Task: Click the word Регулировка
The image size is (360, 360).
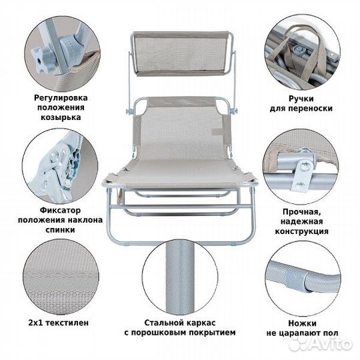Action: coord(61,98)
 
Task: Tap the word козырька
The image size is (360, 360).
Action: coord(61,117)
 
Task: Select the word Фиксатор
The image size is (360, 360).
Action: coord(61,210)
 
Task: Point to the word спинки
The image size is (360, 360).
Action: coord(61,230)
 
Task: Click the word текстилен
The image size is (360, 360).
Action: coord(67,323)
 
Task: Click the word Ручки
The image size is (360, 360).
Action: coord(301,99)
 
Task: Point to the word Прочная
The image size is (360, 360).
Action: coord(302,212)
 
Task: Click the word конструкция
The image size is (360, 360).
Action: coord(302,231)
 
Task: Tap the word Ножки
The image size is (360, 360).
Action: coord(303,323)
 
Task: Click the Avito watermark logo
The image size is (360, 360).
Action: coord(321,344)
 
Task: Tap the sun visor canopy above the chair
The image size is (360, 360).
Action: coord(181,54)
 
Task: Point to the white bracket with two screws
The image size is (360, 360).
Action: coord(301,175)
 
